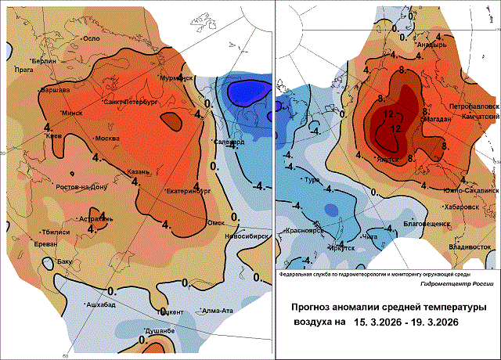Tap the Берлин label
(x=45, y=61)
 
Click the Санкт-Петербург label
(x=131, y=102)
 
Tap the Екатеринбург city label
(x=189, y=190)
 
